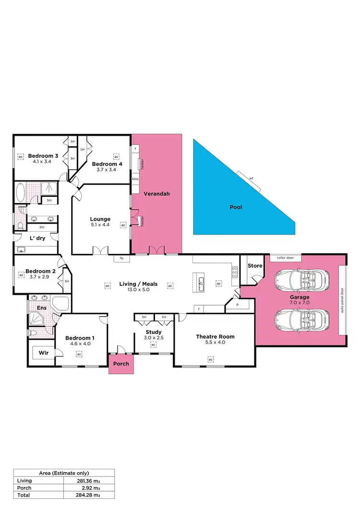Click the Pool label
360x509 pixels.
click(235, 207)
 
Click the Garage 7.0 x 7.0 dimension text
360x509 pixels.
click(299, 303)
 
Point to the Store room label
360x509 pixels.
click(254, 266)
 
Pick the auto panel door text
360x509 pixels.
click(342, 300)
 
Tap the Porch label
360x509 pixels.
click(121, 364)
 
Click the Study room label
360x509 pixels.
click(154, 332)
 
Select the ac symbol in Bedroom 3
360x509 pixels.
click(21, 156)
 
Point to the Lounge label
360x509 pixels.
click(100, 219)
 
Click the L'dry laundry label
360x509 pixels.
click(37, 238)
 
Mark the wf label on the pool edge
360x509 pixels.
click(251, 178)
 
